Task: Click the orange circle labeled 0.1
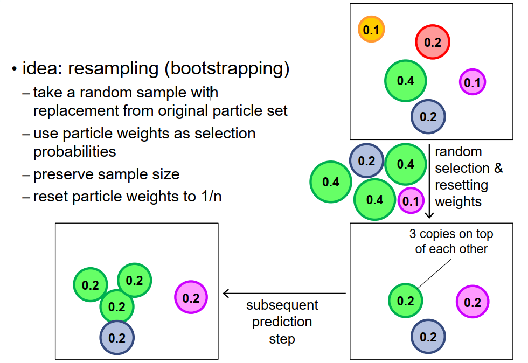[x=371, y=30]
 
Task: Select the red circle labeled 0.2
[x=432, y=42]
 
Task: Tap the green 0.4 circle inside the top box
[x=406, y=81]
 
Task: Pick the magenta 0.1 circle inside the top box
[x=473, y=82]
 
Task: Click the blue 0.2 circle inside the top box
[x=428, y=116]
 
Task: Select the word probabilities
[x=74, y=151]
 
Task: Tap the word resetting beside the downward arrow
[x=462, y=185]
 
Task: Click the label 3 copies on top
[x=451, y=234]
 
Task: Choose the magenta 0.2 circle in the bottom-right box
[x=473, y=302]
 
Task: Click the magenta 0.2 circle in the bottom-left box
[x=191, y=298]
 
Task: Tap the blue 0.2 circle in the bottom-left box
[x=117, y=338]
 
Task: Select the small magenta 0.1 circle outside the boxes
[x=410, y=201]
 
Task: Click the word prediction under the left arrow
[x=282, y=322]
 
